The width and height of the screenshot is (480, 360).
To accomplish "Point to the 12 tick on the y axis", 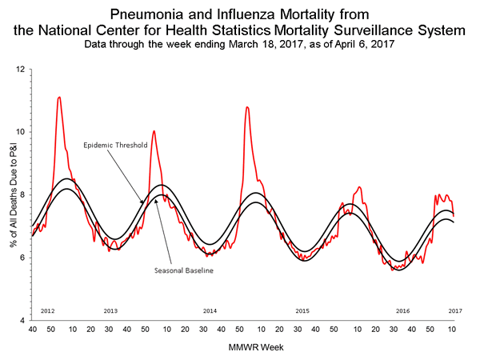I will pyautogui.click(x=20, y=70).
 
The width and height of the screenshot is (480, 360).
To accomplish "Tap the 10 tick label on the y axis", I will pyautogui.click(x=20, y=132).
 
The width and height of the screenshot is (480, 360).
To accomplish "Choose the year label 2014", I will pyautogui.click(x=210, y=310).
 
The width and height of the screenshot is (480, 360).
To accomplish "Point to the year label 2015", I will pyautogui.click(x=302, y=310).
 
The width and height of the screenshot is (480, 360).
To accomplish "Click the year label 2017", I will pyautogui.click(x=454, y=310).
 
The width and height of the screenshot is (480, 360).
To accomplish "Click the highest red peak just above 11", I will pyautogui.click(x=59, y=98).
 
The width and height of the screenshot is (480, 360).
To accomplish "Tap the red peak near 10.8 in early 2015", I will pyautogui.click(x=247, y=106).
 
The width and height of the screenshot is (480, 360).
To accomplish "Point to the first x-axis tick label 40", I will pyautogui.click(x=32, y=330).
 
